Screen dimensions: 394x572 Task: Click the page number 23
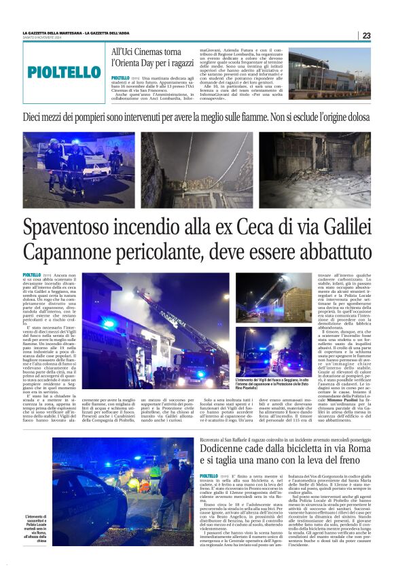pyautogui.click(x=366, y=35)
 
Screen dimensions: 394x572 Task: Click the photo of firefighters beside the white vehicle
pyautogui.click(x=79, y=171)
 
